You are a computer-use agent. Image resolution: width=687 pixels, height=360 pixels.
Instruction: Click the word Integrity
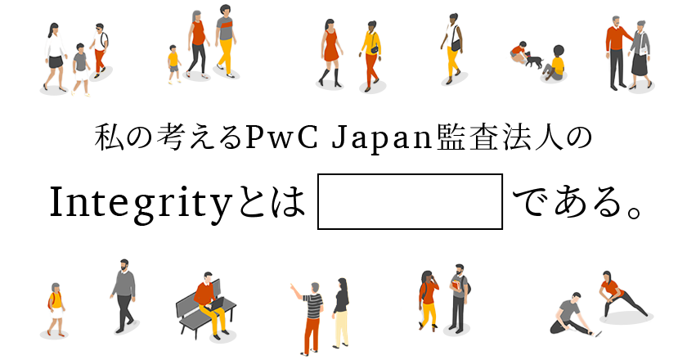pyautogui.click(x=140, y=203)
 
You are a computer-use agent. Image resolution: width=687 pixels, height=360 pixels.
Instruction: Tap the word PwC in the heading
pyautogui.click(x=281, y=137)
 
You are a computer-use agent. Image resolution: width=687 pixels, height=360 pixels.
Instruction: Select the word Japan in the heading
pyautogui.click(x=381, y=138)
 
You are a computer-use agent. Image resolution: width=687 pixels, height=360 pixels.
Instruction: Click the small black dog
pyautogui.click(x=533, y=61)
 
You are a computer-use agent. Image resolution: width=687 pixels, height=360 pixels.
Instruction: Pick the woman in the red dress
pyautogui.click(x=330, y=52)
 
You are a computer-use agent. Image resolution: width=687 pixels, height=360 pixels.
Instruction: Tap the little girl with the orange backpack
pyautogui.click(x=56, y=309)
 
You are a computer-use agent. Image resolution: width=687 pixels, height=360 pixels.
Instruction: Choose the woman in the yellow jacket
pyautogui.click(x=370, y=56)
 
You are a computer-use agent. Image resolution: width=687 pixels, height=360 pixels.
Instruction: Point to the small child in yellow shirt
pyautogui.click(x=174, y=64)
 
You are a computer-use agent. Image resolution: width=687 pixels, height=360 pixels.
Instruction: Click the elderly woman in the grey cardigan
pyautogui.click(x=640, y=55)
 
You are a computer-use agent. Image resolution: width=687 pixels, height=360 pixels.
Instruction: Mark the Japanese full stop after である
pyautogui.click(x=634, y=211)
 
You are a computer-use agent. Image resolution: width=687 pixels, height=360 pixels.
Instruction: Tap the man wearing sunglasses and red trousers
pyautogui.click(x=100, y=51)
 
